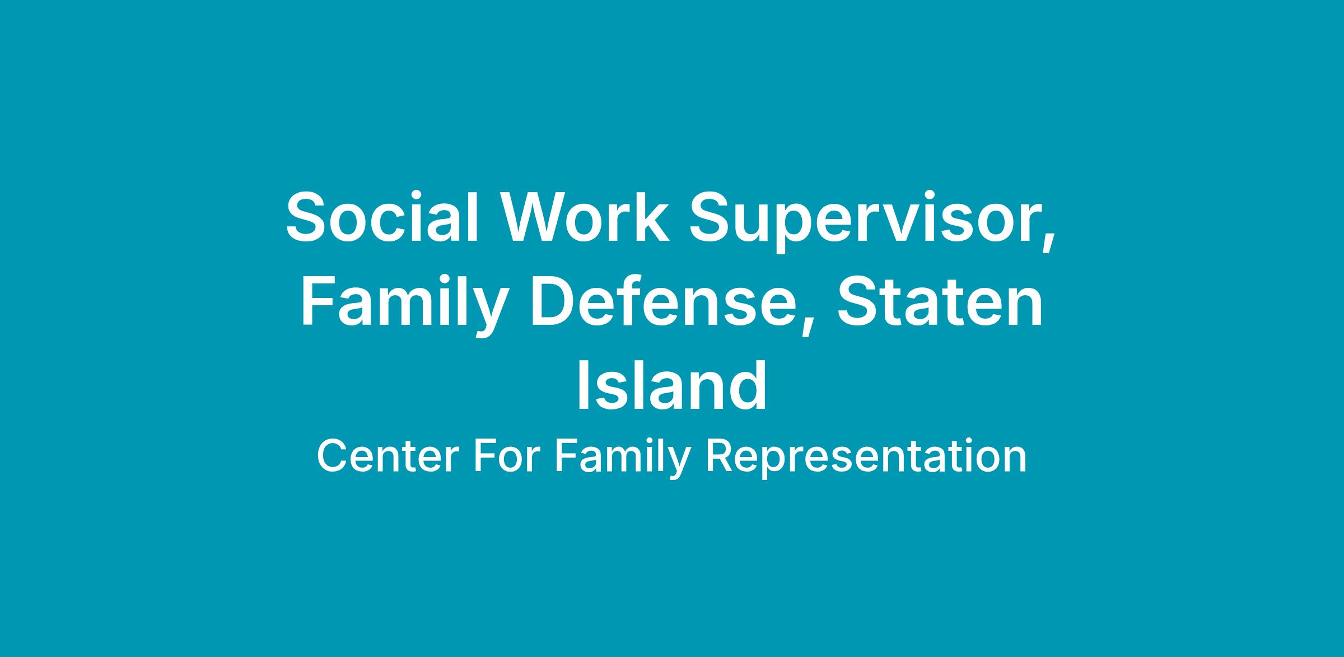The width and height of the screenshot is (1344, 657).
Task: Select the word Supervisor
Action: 865,221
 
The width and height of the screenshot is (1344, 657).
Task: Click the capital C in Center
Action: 332,456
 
